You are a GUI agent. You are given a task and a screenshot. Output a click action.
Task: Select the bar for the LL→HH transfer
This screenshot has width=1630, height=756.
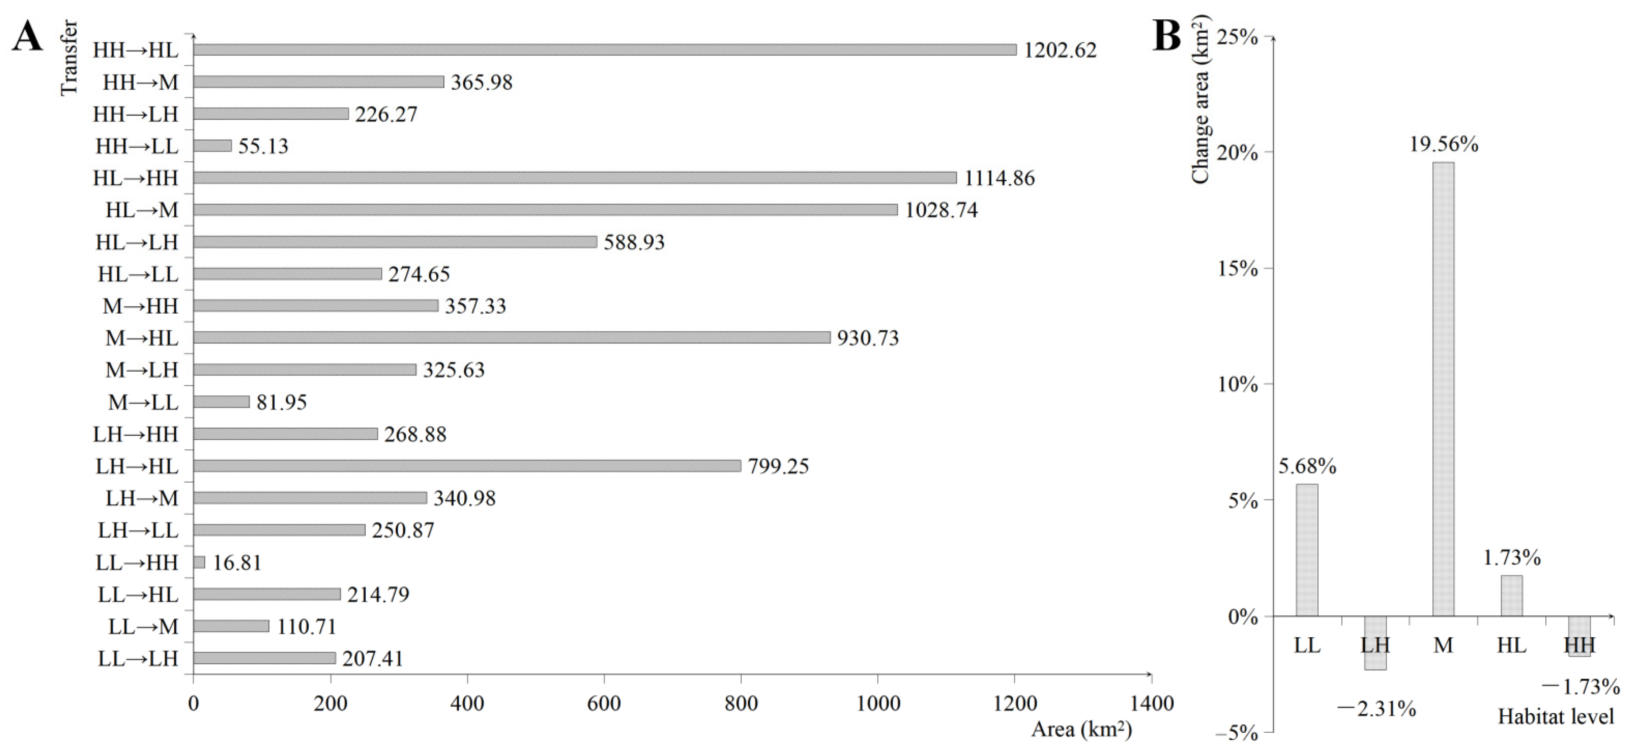tap(199, 562)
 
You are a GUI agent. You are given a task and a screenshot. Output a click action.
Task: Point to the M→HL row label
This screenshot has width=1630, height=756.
tap(142, 338)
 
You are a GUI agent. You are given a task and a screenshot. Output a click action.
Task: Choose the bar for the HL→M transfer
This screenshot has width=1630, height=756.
tap(545, 209)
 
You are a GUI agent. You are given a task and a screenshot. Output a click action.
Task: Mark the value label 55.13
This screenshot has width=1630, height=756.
tap(263, 146)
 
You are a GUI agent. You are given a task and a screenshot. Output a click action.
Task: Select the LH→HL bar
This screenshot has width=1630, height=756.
tap(467, 466)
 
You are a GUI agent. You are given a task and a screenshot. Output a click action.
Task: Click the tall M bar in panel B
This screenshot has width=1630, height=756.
tap(1443, 389)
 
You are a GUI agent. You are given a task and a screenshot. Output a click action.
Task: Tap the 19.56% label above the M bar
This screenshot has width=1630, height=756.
tap(1443, 144)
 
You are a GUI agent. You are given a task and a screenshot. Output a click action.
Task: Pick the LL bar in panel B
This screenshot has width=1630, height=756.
tap(1307, 550)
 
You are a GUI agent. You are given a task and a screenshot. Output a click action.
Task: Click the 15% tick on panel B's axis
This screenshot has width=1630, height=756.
tap(1237, 268)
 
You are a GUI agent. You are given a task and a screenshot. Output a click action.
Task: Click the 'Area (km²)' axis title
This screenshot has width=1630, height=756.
tap(1081, 729)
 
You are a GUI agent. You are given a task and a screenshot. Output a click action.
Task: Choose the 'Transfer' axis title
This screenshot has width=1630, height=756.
tap(69, 58)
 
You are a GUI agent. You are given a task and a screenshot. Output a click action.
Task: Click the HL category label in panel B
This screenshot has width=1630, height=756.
tap(1512, 645)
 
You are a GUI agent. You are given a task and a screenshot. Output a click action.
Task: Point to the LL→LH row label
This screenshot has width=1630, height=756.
tap(138, 658)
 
